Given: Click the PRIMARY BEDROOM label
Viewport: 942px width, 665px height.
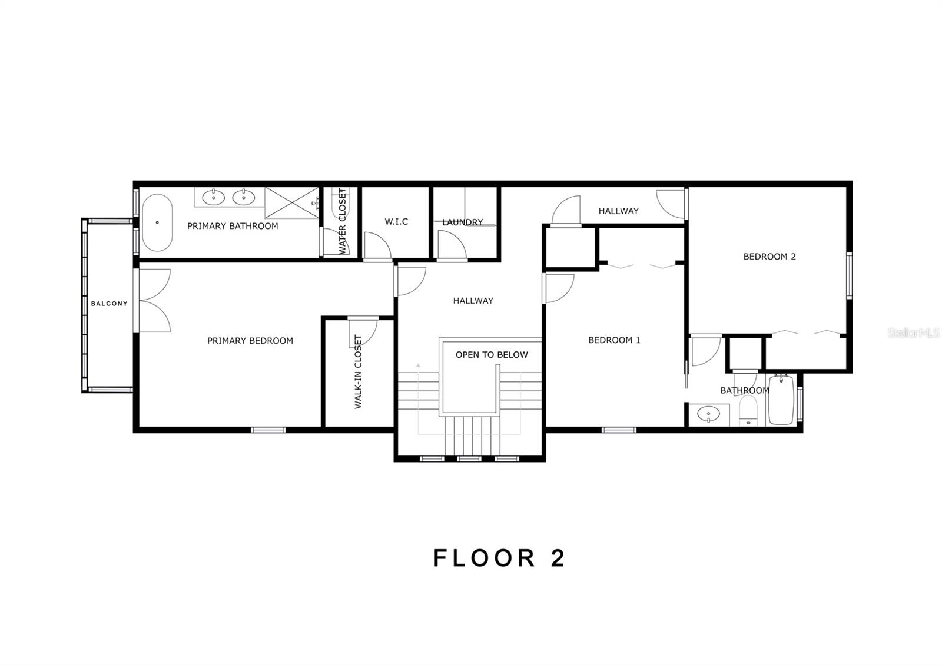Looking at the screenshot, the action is point(250,341).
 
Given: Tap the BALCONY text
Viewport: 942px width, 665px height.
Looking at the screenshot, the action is point(110,304).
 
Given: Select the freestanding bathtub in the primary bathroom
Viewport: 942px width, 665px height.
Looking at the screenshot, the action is point(157,223).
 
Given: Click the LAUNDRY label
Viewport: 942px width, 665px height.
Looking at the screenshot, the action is point(463,222).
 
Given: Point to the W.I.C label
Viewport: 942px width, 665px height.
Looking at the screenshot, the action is point(396,221).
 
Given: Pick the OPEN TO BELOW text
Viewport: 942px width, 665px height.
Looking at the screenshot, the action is point(492,355).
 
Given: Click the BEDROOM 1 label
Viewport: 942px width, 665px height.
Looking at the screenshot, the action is point(614,340).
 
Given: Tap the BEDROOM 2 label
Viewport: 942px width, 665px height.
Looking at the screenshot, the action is point(769,257).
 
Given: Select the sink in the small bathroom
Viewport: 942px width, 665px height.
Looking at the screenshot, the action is point(709,414).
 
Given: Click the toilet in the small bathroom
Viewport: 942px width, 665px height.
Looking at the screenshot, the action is point(748,410).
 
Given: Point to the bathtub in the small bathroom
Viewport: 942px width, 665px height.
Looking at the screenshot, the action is point(781,400).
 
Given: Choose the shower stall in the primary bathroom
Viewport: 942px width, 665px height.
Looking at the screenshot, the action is point(292,202).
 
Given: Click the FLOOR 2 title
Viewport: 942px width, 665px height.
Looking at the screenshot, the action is point(499,558).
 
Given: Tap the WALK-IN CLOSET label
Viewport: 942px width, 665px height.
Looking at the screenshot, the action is point(358,371).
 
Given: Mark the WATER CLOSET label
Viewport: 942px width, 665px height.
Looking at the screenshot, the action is point(342,221).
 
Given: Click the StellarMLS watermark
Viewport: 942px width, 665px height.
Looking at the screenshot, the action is point(913,333).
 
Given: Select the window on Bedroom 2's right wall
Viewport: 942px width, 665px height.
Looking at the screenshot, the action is point(849,275).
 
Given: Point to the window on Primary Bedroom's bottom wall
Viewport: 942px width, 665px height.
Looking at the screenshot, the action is point(268,430).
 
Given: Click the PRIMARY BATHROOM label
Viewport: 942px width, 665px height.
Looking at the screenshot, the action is point(233,226).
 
